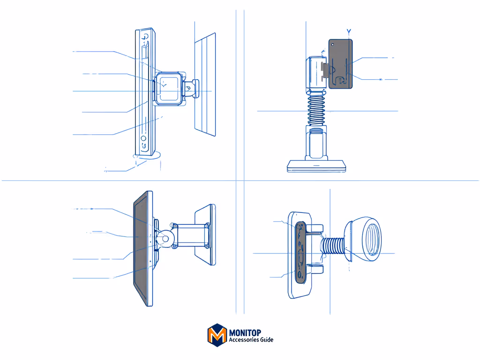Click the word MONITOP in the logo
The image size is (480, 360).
point(245,333)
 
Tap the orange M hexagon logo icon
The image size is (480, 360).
point(217,335)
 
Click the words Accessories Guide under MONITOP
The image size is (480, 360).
point(251,340)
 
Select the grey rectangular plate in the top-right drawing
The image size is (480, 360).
point(340,64)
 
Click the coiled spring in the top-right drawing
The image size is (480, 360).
point(316,110)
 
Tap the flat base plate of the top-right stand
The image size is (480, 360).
point(316,166)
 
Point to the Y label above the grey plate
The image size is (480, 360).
point(349,31)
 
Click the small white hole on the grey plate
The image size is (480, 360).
point(333,45)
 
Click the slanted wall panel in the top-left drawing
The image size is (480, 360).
point(205,84)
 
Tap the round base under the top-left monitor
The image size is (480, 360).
point(147,156)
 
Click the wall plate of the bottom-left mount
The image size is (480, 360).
point(205,234)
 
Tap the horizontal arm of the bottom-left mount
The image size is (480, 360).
point(192,236)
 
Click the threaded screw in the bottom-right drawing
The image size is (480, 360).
point(334,246)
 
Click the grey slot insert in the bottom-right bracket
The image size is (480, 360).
point(300,252)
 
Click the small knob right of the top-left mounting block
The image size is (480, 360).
point(192,89)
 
